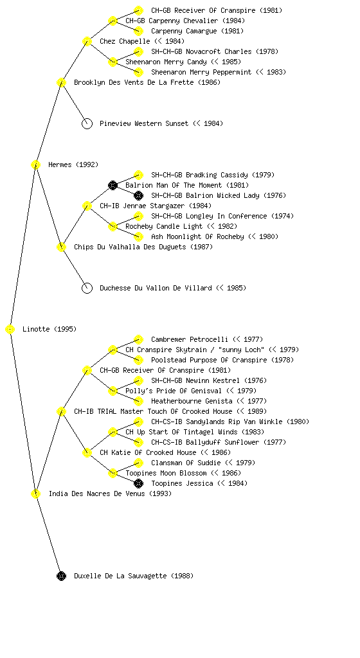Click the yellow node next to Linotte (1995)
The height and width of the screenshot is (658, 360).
pos(10,329)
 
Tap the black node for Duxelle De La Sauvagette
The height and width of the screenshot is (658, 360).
pos(61,576)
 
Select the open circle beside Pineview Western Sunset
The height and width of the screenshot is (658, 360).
pos(87,123)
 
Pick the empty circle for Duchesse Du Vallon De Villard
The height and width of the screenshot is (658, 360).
pos(87,288)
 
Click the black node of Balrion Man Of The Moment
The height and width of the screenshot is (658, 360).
pos(113,185)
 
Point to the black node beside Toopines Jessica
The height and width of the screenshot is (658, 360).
pos(138,483)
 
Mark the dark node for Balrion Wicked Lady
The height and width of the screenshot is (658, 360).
pos(138,195)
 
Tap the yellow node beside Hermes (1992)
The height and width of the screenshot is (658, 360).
pos(35,164)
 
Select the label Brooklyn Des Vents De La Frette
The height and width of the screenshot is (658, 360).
pos(134,82)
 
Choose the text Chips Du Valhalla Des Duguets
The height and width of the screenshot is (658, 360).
pos(130,247)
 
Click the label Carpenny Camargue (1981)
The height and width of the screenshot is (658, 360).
pos(197,31)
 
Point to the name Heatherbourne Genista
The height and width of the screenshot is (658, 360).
pos(192,401)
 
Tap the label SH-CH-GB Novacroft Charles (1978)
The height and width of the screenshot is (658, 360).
pos(215,51)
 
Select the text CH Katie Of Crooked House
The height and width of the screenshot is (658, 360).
pos(148,452)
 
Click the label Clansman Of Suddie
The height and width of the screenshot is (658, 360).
pos(186,463)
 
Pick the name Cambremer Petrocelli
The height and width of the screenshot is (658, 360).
pos(190,339)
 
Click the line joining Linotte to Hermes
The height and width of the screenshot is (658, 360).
pos(23,247)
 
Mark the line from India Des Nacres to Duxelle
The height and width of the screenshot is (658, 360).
pos(49,535)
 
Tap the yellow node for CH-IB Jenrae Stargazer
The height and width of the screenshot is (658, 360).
pos(87,206)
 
